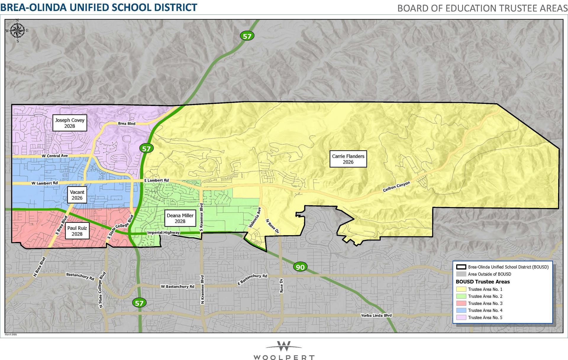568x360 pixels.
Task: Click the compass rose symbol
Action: coord(17,30)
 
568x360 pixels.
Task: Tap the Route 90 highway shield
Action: coord(300,267)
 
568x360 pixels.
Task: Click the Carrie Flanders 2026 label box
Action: coord(348,159)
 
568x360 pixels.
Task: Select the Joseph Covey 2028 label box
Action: coord(70,123)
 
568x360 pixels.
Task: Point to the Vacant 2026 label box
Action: coord(77,195)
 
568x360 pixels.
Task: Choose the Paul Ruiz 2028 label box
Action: coord(77,231)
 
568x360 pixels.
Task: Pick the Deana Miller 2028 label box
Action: coord(180,218)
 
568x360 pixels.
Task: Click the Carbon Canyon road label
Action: coord(396,187)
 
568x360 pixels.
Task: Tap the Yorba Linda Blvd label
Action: coord(376,315)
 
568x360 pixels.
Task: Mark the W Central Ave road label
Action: coord(55,156)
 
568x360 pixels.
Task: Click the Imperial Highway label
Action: coord(163,233)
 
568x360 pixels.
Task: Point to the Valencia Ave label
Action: coord(255,217)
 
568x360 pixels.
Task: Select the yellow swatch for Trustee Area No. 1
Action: coord(461,289)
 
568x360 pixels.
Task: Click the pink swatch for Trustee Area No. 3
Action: coord(461,304)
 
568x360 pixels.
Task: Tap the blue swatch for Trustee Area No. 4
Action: coord(461,311)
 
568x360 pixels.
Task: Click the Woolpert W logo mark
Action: coord(284,346)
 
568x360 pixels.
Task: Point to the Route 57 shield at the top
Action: coord(247,36)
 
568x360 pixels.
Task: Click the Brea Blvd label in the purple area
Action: coord(127,124)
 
